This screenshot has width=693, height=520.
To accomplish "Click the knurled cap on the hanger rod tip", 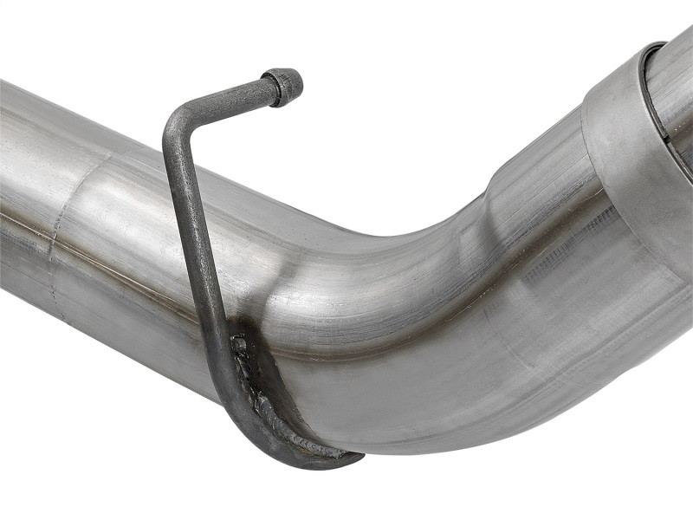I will coord(285,86).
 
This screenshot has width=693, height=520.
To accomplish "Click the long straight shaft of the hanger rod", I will coord(198,243).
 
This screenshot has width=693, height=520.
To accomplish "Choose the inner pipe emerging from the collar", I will coord(676,95).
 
